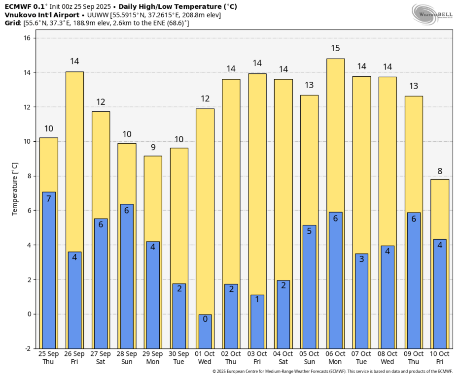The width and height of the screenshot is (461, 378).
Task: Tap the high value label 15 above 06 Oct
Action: point(335,48)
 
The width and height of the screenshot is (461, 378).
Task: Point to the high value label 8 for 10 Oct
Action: point(440,171)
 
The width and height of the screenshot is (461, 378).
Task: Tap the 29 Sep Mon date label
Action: point(153,357)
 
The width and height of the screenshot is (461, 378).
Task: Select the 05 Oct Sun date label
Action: point(309,357)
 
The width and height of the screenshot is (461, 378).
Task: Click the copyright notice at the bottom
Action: point(332,372)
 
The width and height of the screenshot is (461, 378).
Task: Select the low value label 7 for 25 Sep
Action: point(49,199)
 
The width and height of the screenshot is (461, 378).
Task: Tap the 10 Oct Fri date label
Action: point(440,357)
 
